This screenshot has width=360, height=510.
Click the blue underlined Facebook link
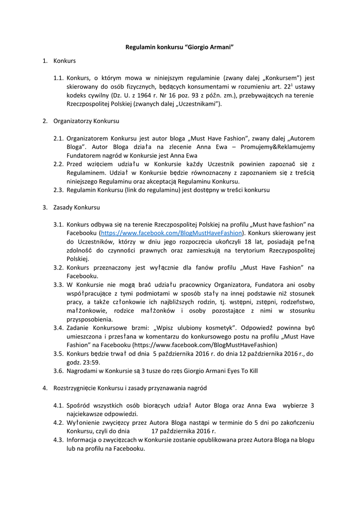171,233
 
